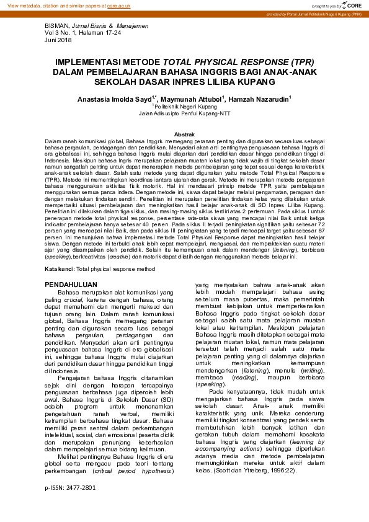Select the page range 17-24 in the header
pyautogui.click(x=109, y=33)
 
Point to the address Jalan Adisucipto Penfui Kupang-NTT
pyautogui.click(x=185, y=113)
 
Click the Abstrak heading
pyautogui.click(x=185, y=134)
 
